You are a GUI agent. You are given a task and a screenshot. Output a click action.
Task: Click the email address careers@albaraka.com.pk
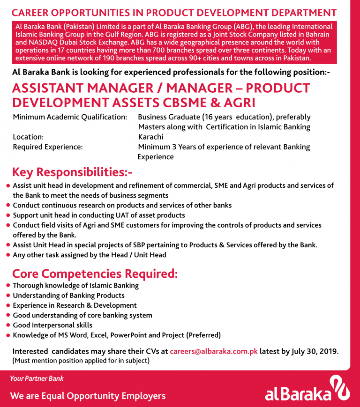pos(214,351)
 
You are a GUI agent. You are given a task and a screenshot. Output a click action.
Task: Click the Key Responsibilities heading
pos(72,172)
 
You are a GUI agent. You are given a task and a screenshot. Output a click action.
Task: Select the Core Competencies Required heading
pos(95,274)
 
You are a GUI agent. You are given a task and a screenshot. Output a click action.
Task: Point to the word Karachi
pos(150,137)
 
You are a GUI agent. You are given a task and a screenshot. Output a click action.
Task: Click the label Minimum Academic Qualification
pos(70,117)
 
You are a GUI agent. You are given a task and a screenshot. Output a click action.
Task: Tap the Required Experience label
pos(48,147)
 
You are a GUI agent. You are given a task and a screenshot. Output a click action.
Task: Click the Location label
pos(28,137)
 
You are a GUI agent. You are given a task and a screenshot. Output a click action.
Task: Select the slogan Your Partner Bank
pos(37,378)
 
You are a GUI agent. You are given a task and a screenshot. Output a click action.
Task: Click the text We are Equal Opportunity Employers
pos(88,396)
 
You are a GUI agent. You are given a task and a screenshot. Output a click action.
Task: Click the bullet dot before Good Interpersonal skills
pos(8,325)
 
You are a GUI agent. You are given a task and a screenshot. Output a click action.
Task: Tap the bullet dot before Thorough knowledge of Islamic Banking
pos(8,285)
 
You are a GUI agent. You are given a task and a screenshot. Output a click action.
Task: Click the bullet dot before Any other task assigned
pos(8,255)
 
